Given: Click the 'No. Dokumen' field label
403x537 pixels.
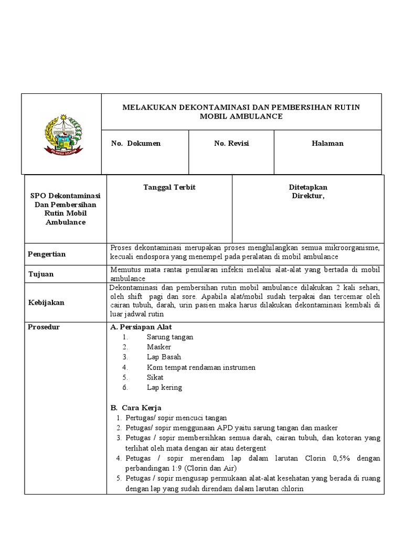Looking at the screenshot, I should click(136, 143).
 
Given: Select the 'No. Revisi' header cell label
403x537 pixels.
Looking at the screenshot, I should click(231, 143).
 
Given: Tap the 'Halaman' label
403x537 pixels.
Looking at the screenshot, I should click(327, 143).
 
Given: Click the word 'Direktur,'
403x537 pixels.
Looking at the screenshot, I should click(308, 196).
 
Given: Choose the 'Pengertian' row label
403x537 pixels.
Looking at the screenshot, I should click(47, 254).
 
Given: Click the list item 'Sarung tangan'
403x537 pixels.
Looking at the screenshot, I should click(169, 337).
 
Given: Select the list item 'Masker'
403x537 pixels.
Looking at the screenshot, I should click(158, 347).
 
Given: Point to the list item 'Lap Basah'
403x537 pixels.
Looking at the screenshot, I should click(164, 357).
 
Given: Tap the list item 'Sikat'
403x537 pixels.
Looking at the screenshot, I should click(155, 377).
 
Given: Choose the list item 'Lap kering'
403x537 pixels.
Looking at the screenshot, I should click(164, 388).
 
